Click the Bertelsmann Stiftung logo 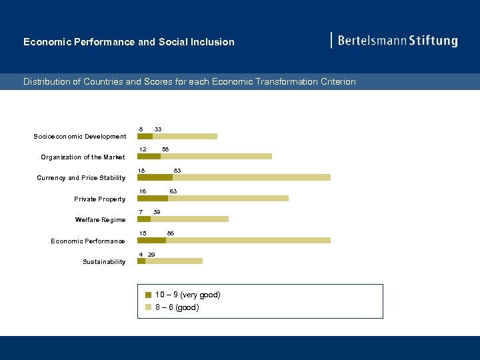click(395, 41)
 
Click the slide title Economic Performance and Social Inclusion click(129, 42)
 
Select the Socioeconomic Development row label click(79, 137)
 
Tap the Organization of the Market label click(83, 157)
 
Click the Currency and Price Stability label click(81, 178)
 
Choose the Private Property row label click(99, 199)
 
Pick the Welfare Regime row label click(100, 220)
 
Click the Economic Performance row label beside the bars click(88, 241)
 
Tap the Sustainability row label click(104, 262)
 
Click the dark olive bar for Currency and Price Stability click(155, 177)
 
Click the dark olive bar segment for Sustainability click(141, 261)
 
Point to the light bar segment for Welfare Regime click(189, 219)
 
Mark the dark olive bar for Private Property click(153, 198)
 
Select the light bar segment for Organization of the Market click(216, 156)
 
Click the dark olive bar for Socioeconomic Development click(145, 136)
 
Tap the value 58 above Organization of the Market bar click(165, 149)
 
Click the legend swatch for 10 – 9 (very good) click(149, 295)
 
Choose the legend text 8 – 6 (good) click(177, 307)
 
